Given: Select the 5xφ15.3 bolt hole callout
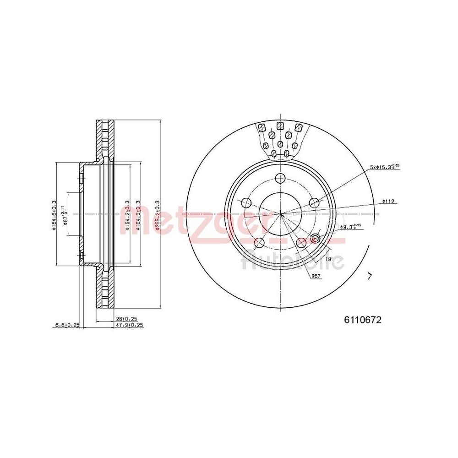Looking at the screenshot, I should click(x=385, y=167).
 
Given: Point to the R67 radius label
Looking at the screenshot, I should click(x=316, y=276).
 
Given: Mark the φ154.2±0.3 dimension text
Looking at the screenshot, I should click(x=127, y=214).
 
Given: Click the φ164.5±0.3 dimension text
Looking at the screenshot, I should click(x=138, y=214).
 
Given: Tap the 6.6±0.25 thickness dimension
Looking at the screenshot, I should click(x=67, y=325).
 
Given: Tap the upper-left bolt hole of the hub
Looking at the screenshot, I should click(x=247, y=202).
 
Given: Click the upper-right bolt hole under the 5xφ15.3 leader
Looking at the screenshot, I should click(x=314, y=202).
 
